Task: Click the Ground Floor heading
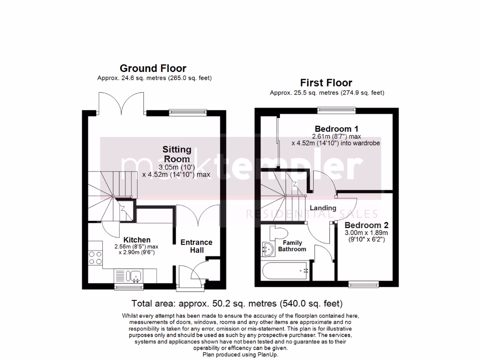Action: click(153, 69)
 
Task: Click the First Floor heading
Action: click(326, 83)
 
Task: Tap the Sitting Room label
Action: click(177, 154)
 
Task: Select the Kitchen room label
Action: click(137, 240)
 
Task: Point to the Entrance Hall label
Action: click(196, 246)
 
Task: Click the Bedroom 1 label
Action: click(336, 129)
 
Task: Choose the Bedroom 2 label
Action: click(365, 225)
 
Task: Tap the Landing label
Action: click(323, 208)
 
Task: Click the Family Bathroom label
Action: click(292, 246)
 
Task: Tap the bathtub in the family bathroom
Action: click(284, 271)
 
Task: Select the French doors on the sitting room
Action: click(122, 104)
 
